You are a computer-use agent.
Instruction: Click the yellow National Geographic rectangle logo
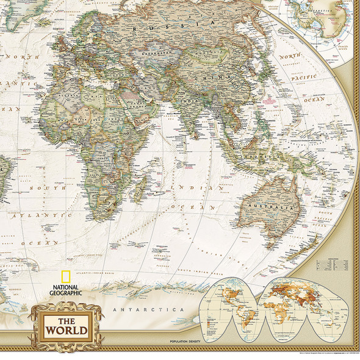pos(65,278)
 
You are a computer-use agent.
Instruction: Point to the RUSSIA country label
pos(178,25)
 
